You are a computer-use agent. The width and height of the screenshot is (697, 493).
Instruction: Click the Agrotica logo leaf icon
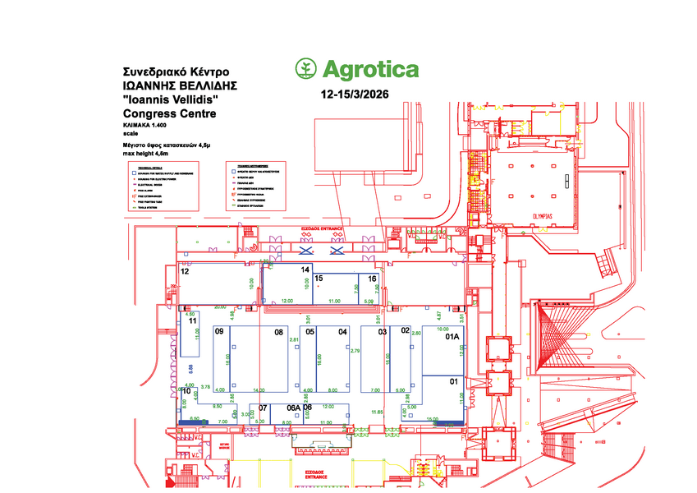coord(305,69)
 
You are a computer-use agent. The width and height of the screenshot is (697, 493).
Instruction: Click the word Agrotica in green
coord(369,70)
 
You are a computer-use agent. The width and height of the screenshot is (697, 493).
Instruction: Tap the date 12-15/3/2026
coord(355,94)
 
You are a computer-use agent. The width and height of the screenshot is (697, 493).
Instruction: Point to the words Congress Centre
coord(169,113)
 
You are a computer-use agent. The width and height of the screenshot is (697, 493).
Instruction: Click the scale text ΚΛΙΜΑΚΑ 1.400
coord(144,124)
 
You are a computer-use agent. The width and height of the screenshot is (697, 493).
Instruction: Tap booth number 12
coord(186,270)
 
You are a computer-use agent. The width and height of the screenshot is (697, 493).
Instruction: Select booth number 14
coord(305,270)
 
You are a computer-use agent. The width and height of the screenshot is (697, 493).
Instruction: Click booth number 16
coord(372,279)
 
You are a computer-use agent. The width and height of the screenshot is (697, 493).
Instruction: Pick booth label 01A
coord(452,337)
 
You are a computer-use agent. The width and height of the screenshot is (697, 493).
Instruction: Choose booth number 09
coord(219,331)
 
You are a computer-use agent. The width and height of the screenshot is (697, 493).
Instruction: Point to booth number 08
coord(279,332)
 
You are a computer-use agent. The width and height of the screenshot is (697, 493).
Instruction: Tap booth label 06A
coord(292,408)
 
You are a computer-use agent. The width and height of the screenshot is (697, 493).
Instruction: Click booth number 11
coord(193,321)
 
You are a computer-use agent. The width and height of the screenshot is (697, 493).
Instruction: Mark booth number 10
coord(186,391)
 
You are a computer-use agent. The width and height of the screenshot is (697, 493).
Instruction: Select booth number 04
coord(343,332)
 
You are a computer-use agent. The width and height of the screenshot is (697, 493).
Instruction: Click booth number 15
coord(319,279)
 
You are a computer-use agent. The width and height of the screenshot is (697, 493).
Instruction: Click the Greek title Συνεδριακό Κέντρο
coord(175,71)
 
